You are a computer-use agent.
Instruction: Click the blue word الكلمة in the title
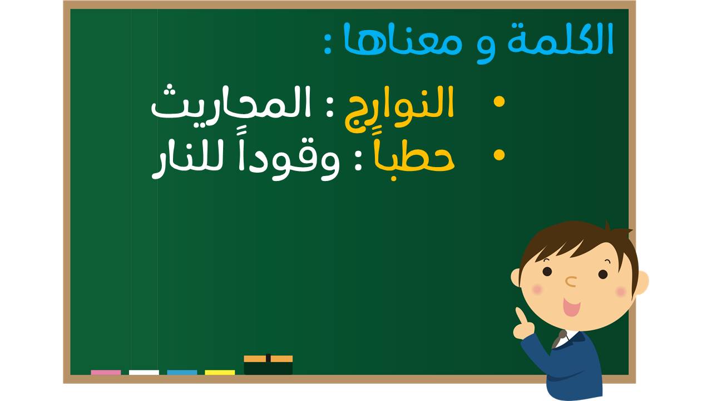pyautogui.click(x=560, y=39)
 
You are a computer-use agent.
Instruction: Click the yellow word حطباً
pyautogui.click(x=414, y=159)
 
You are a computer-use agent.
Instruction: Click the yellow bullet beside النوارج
pyautogui.click(x=499, y=101)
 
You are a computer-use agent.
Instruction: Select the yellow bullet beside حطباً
pyautogui.click(x=499, y=155)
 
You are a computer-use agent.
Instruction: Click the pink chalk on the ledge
pyautogui.click(x=106, y=373)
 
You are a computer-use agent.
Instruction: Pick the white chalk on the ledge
pyautogui.click(x=144, y=373)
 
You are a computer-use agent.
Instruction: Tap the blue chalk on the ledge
pyautogui.click(x=182, y=373)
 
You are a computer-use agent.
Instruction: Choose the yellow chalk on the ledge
pyautogui.click(x=220, y=373)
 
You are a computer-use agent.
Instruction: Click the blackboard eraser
pyautogui.click(x=268, y=365)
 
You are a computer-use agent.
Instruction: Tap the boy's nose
pyautogui.click(x=571, y=281)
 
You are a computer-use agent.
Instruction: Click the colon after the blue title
pyautogui.click(x=328, y=45)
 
